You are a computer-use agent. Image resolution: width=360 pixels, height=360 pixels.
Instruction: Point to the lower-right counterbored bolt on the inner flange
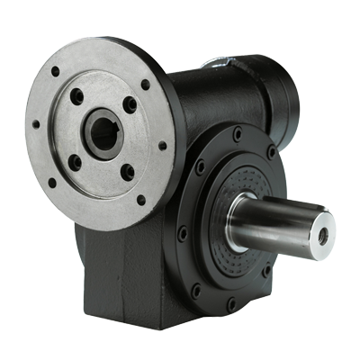tap(128, 170)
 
